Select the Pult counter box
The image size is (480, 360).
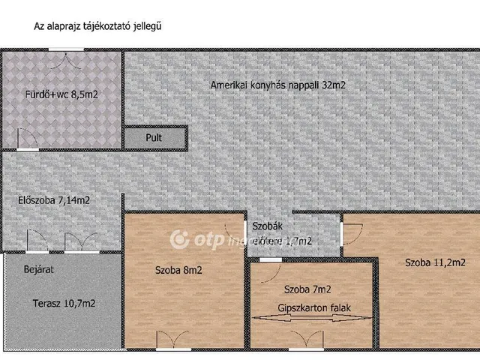[x=154, y=138]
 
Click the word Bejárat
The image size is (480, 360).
[x=37, y=268]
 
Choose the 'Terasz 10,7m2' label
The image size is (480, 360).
[x=64, y=304]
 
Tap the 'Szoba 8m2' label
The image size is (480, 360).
[x=178, y=269]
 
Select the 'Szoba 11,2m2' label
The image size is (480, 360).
[x=436, y=262]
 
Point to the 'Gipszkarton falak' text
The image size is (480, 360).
[x=314, y=307]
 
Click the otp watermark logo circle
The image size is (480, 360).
[x=179, y=240]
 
